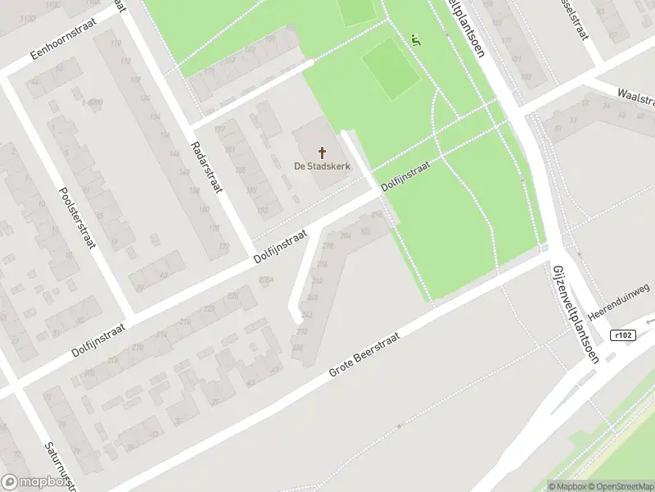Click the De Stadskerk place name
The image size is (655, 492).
(x=322, y=166)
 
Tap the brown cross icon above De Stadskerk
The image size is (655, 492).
(x=323, y=152)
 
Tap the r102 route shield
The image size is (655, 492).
(x=622, y=335)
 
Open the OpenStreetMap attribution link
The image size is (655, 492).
(x=620, y=486)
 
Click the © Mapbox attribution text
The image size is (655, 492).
(x=567, y=486)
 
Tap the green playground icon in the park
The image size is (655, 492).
(x=416, y=39)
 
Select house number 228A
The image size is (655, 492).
(x=266, y=281)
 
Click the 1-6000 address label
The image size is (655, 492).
(x=92, y=102)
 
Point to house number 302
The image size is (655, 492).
(x=365, y=231)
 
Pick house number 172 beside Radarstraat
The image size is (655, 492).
(x=224, y=247)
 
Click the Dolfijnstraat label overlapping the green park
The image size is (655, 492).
(x=418, y=174)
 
